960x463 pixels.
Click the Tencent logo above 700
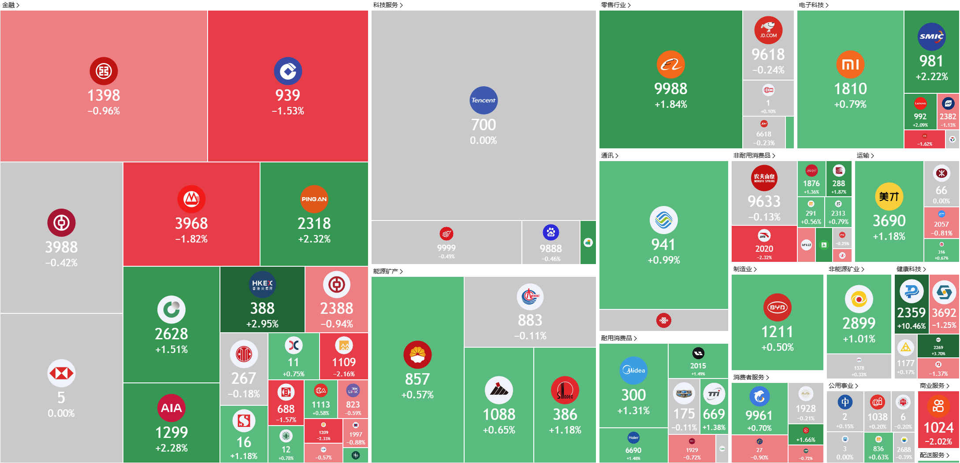pos(484,100)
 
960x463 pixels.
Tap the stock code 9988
pos(670,89)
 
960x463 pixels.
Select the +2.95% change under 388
pos(262,324)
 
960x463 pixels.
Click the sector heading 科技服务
pos(386,5)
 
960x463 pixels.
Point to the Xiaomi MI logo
pos(850,65)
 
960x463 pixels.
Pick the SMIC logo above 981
pos(931,37)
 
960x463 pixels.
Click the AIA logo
pos(171,408)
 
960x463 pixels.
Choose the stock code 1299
pos(171,433)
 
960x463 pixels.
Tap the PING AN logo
pos(314,199)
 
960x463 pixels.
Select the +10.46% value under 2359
pos(911,326)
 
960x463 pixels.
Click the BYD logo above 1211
pos(777,307)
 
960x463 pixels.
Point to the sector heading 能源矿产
pos(386,271)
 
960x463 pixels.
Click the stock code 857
pos(417,379)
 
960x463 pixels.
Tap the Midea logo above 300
pos(633,370)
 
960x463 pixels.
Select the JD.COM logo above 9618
pos(768,30)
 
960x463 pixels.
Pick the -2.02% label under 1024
pos(938,441)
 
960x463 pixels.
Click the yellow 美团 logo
pos(889,196)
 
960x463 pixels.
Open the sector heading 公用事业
pos(841,386)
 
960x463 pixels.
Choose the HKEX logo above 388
pos(262,284)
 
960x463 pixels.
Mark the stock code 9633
pos(764,202)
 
